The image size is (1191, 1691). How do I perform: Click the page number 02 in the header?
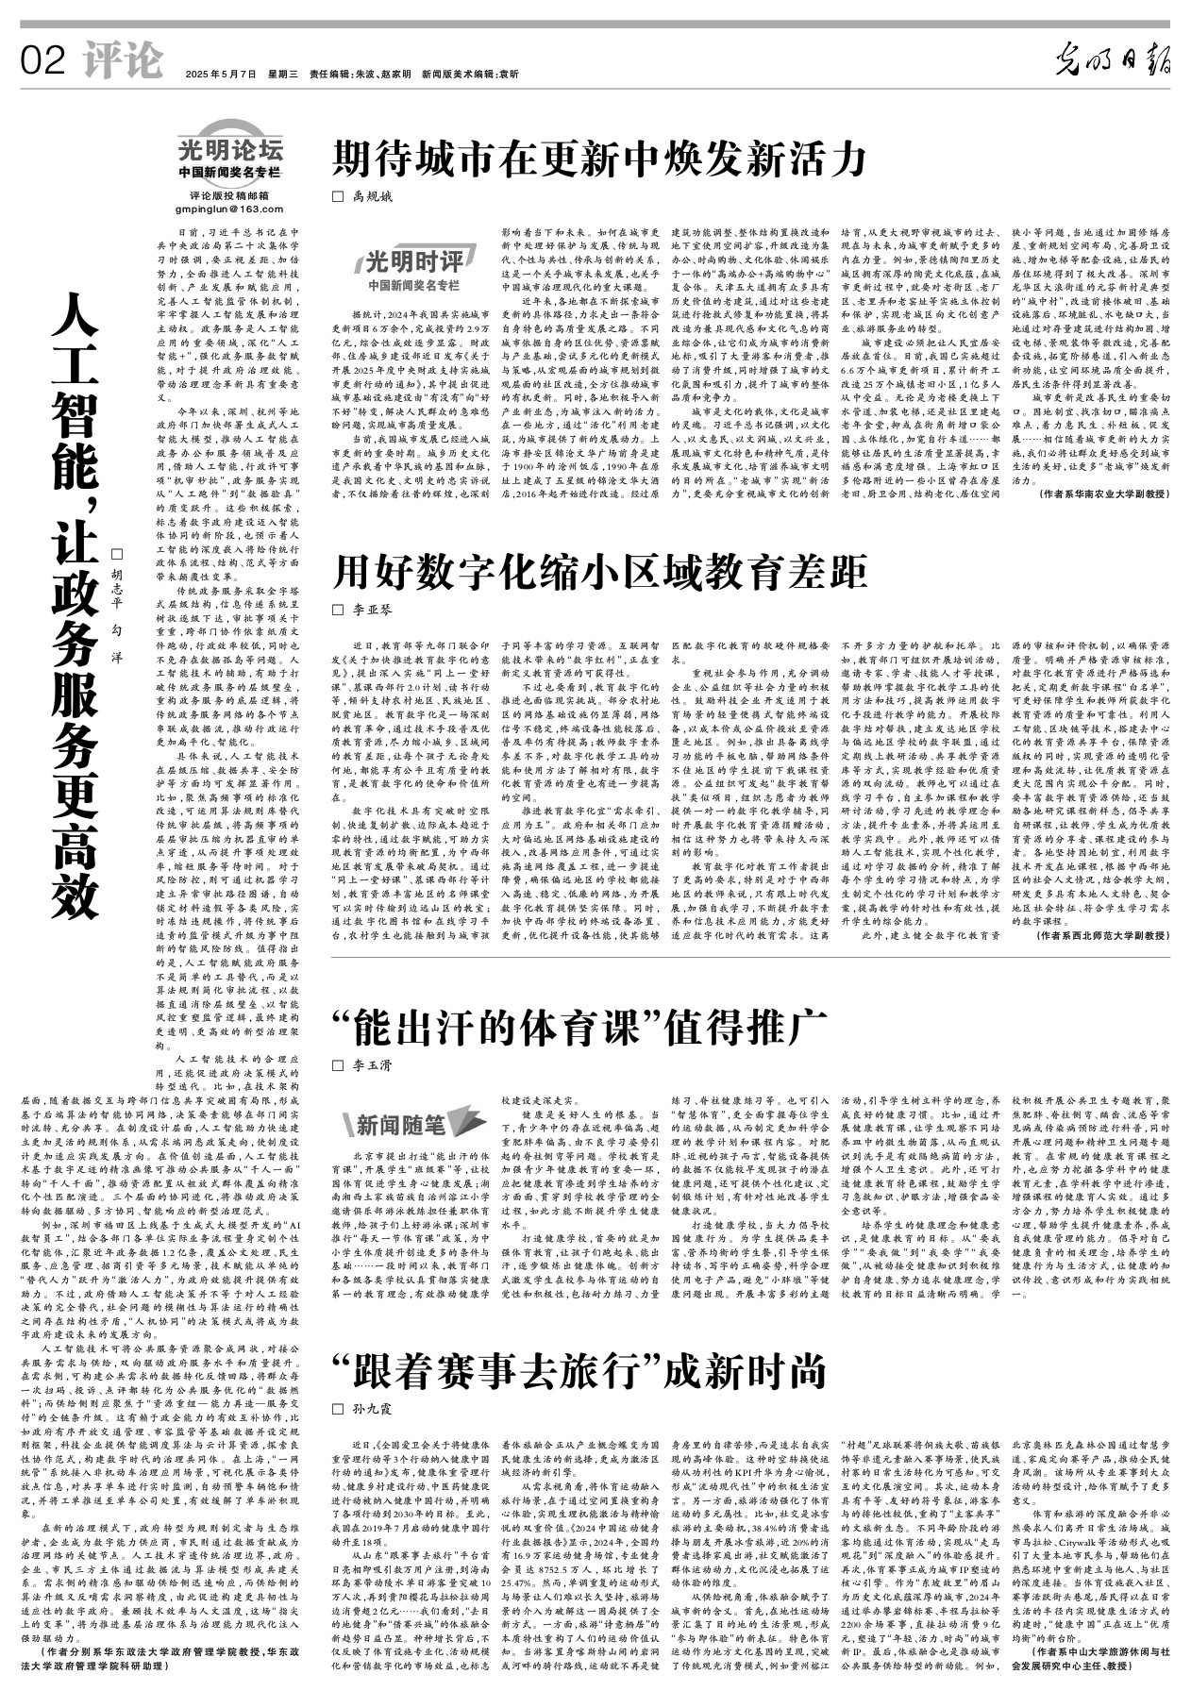tap(43, 61)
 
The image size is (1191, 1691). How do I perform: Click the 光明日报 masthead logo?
tap(1114, 62)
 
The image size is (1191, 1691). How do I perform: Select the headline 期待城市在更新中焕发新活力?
tap(598, 159)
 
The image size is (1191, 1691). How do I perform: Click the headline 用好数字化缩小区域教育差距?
tap(599, 571)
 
